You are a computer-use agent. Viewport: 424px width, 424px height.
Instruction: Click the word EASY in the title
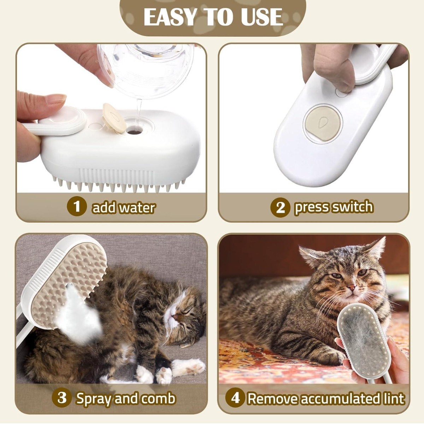click(170, 17)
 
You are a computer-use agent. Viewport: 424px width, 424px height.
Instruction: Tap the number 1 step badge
click(77, 207)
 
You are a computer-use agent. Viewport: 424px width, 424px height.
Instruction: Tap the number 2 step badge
click(280, 207)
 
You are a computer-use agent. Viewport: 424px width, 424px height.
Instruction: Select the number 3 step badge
click(62, 391)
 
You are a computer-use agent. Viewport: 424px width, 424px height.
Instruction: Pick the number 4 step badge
click(235, 391)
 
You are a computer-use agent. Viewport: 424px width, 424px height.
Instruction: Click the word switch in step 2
click(353, 207)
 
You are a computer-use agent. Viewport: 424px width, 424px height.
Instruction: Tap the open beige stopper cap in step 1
click(114, 118)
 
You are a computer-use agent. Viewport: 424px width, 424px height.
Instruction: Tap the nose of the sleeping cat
click(175, 317)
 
